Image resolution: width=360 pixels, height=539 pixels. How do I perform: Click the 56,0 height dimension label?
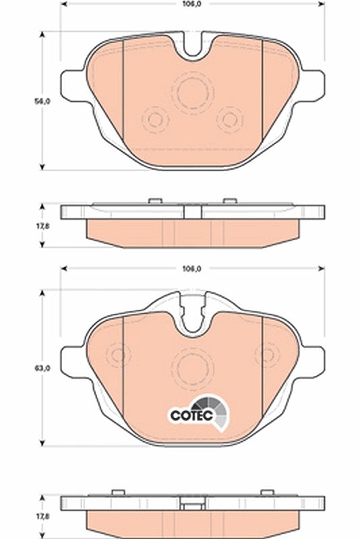pyautogui.click(x=42, y=102)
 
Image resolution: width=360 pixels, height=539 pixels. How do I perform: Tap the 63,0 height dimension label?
pyautogui.click(x=42, y=368)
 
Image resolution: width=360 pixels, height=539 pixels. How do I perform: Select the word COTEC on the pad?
pyautogui.click(x=191, y=415)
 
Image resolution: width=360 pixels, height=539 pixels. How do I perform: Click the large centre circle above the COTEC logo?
pyautogui.click(x=193, y=368)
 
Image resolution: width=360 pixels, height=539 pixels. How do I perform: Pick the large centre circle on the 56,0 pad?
pyautogui.click(x=193, y=93)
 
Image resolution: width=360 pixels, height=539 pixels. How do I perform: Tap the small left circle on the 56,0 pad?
pyautogui.click(x=155, y=120)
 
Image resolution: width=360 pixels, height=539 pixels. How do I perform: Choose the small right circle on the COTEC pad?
pyautogui.click(x=268, y=354)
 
